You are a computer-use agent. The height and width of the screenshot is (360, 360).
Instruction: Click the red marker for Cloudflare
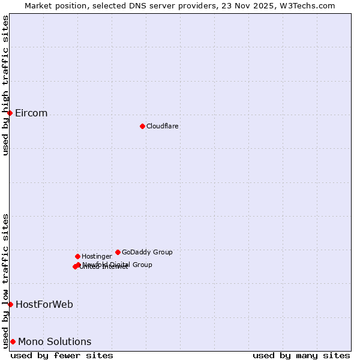point(142,126)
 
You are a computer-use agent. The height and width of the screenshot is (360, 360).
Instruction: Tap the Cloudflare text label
point(163,126)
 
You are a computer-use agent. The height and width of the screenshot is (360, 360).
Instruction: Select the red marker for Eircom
point(10,113)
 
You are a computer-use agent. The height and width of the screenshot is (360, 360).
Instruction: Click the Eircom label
point(31,113)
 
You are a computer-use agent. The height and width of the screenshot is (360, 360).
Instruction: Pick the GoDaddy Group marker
point(118,252)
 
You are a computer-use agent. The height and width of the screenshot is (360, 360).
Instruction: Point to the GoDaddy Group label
point(147,252)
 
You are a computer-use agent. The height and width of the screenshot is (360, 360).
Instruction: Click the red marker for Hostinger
point(77,256)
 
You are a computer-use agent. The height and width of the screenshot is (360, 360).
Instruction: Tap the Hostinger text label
point(97,256)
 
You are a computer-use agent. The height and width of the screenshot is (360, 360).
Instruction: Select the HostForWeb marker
point(10,304)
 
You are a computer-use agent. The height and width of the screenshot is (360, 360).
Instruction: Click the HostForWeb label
point(44,305)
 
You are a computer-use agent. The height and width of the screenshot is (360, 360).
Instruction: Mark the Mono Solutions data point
point(13,341)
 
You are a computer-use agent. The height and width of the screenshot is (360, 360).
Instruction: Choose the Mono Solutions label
point(55,342)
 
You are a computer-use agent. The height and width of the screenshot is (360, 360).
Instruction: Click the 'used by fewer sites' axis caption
point(62,356)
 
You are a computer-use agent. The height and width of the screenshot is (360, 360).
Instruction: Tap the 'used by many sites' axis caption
point(301,356)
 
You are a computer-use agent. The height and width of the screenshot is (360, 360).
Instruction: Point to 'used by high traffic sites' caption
point(5,85)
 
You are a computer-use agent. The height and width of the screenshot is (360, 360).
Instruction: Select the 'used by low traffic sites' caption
point(5,280)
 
